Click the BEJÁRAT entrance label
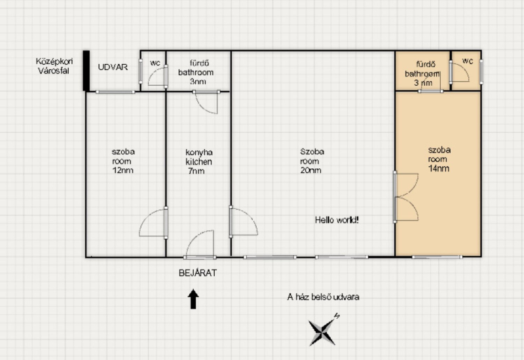pos(198,273)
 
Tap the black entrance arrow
pos(193,299)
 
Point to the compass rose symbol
pos(322,331)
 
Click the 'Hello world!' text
pos(337,220)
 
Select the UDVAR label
pos(113,67)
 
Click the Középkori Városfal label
pos(54,66)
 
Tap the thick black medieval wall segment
pos(86,71)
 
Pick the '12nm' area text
pos(122,170)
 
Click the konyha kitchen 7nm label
pos(198,162)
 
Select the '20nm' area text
pos(310,170)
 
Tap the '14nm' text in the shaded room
pos(438,168)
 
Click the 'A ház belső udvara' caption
pos(323,297)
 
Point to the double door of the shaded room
pos(405,197)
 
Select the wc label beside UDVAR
pos(155,63)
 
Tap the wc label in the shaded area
pos(468,61)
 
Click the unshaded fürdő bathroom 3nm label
pos(196,72)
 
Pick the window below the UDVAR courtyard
pos(115,92)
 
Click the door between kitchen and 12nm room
pos(153,223)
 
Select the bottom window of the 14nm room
pos(437,257)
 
